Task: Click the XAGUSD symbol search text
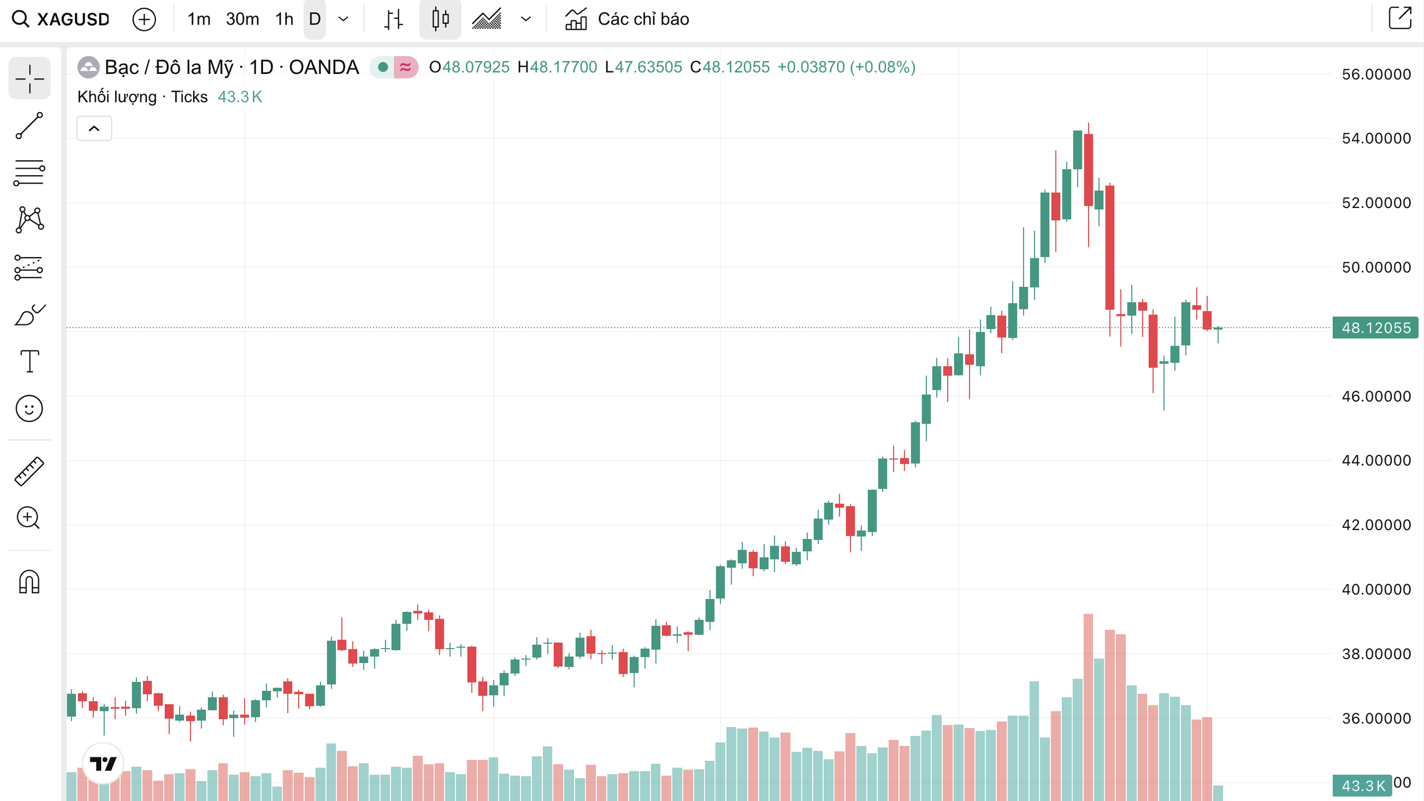pyautogui.click(x=73, y=19)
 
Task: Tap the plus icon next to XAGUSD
pyautogui.click(x=144, y=19)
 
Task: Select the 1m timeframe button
pyautogui.click(x=199, y=19)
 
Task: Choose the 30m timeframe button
pyautogui.click(x=242, y=19)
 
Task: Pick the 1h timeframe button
pyautogui.click(x=284, y=19)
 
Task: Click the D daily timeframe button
pyautogui.click(x=315, y=19)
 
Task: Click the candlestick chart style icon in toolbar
pyautogui.click(x=440, y=19)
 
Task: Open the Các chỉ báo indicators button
pyautogui.click(x=627, y=19)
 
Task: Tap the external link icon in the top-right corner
pyautogui.click(x=1400, y=18)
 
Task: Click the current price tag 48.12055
pyautogui.click(x=1376, y=328)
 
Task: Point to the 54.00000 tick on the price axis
pyautogui.click(x=1376, y=139)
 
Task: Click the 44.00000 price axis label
pyautogui.click(x=1376, y=461)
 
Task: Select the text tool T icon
pyautogui.click(x=29, y=362)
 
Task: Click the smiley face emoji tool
pyautogui.click(x=29, y=409)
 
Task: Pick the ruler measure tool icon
pyautogui.click(x=29, y=471)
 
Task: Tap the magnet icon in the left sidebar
pyautogui.click(x=29, y=582)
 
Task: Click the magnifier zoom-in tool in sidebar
pyautogui.click(x=28, y=518)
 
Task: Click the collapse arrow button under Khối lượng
pyautogui.click(x=94, y=128)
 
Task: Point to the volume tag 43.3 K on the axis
pyautogui.click(x=1362, y=785)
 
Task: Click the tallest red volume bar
pyautogui.click(x=1088, y=706)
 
